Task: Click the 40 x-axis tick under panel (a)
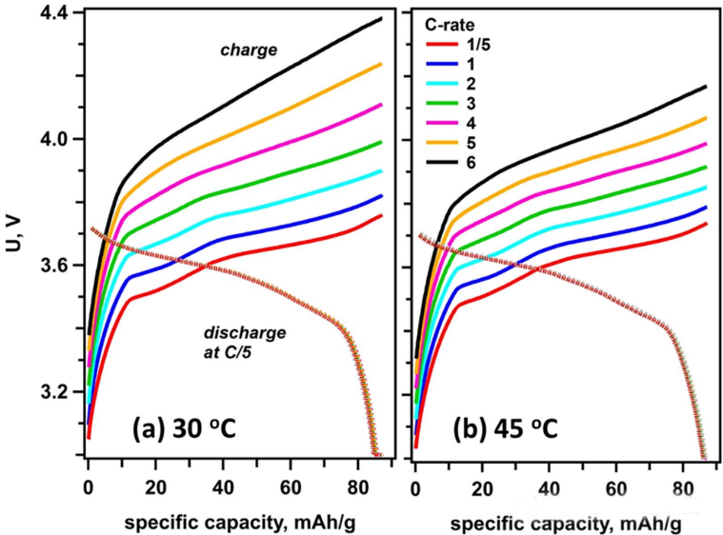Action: [223, 486]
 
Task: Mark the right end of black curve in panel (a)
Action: [381, 18]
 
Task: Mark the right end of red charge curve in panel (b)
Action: [706, 224]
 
